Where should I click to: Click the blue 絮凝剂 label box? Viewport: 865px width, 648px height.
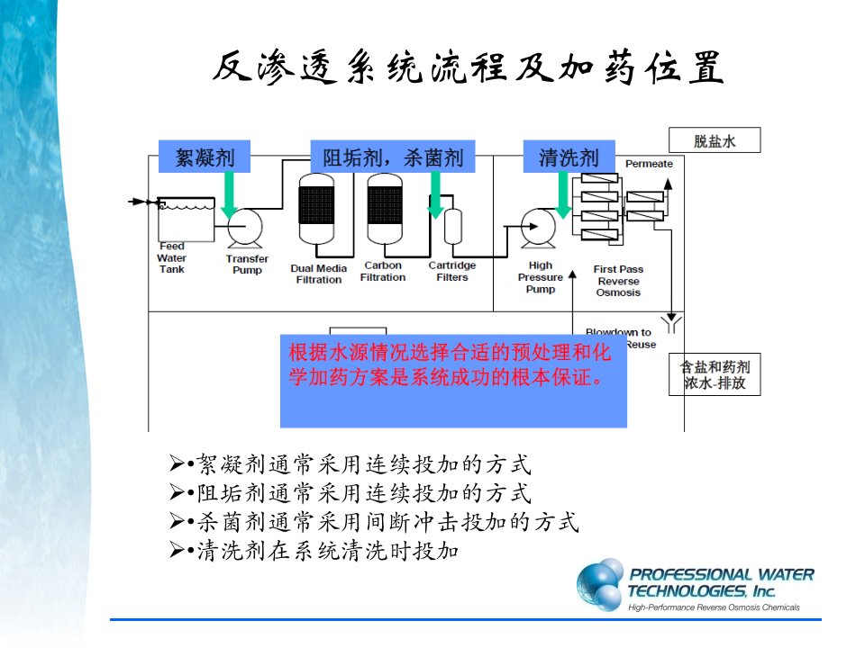[205, 156]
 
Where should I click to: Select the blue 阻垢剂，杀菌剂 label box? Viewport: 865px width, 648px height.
[393, 156]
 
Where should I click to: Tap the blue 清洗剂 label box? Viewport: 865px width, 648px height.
[569, 156]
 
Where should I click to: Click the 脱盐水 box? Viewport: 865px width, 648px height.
[715, 140]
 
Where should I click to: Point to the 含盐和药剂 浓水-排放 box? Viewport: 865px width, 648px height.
[715, 374]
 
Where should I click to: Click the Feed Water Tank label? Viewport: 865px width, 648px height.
[171, 257]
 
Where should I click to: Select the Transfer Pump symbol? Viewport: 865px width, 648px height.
[245, 228]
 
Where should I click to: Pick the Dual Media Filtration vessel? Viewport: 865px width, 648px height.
[316, 210]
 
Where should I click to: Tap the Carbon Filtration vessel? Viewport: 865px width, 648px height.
[385, 210]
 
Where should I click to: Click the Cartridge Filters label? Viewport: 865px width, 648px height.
[451, 271]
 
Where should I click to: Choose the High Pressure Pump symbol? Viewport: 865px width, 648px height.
[539, 228]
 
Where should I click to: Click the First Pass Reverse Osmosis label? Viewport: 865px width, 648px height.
[618, 281]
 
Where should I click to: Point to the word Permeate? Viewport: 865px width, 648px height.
[649, 164]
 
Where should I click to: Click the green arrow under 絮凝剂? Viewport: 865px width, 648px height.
[229, 194]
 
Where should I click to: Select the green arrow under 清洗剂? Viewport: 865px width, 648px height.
[563, 194]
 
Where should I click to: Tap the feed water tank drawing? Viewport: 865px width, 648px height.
[186, 220]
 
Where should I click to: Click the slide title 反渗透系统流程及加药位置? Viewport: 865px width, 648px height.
[468, 67]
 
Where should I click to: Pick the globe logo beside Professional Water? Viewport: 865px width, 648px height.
[600, 585]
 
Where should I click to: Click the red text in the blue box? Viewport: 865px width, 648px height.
[450, 364]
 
